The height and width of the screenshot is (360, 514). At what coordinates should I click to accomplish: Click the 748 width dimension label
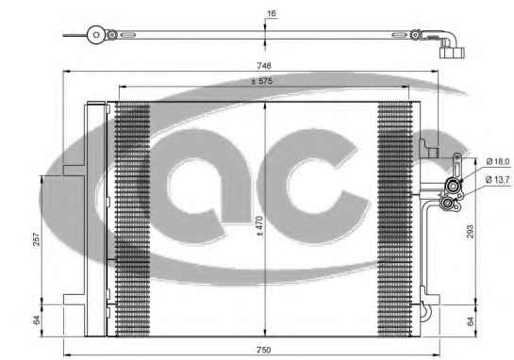(263, 66)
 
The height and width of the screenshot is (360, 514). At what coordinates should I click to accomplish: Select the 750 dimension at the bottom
(263, 350)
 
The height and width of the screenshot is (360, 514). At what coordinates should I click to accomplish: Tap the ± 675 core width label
(261, 81)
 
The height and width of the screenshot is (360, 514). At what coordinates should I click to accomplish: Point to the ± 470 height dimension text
(259, 226)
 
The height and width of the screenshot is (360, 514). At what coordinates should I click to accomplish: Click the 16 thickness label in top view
(272, 13)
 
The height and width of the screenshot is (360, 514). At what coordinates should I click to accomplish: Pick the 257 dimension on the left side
(37, 239)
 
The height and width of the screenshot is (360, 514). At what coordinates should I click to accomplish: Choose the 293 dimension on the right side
(470, 231)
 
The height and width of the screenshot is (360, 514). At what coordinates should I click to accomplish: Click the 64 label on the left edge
(37, 320)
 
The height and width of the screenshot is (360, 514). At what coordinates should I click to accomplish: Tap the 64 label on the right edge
(470, 321)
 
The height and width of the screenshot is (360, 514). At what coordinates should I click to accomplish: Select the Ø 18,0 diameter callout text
(498, 161)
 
